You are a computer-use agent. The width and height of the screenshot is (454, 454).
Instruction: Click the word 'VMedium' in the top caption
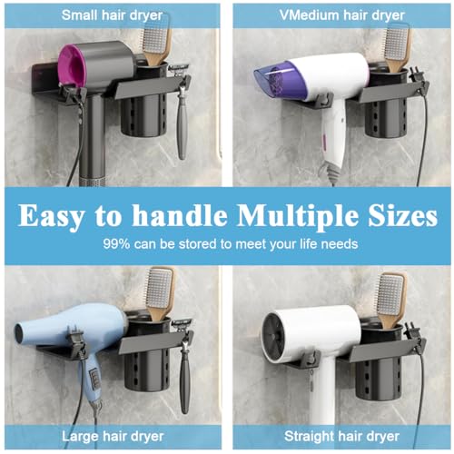point(305,15)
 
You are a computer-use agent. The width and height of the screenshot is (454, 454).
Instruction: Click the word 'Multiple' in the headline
point(296,217)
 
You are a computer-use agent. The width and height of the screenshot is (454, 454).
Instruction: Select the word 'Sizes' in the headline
point(403,215)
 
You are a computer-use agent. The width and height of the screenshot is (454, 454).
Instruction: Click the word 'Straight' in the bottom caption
point(309,437)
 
